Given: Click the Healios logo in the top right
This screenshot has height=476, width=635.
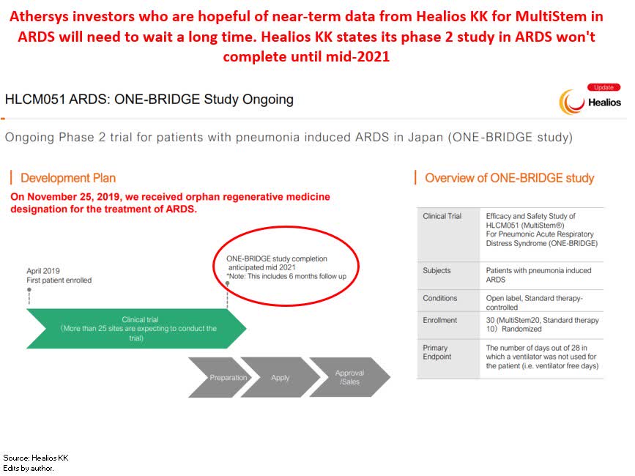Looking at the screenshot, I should [x=590, y=102].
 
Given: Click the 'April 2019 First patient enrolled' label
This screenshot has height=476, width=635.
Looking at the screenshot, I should [x=59, y=275].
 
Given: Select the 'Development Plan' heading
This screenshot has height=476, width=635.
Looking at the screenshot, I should [x=67, y=178].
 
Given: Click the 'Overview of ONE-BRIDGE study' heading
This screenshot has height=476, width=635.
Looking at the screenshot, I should [x=509, y=178].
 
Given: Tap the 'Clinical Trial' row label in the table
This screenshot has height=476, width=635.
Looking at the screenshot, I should [x=442, y=217].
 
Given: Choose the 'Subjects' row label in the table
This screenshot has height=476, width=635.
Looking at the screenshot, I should [x=437, y=271].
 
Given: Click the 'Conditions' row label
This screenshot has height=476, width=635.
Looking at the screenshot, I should [x=439, y=299].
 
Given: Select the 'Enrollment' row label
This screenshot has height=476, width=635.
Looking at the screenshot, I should [x=439, y=321].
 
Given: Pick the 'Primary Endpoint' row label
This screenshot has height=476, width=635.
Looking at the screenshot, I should [x=437, y=352].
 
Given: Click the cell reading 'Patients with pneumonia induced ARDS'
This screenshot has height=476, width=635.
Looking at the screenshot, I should [x=538, y=275].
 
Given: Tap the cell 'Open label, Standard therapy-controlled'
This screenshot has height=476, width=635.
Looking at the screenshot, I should [x=535, y=302].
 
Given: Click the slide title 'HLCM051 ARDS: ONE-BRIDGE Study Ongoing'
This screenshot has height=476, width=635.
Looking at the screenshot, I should [x=149, y=99].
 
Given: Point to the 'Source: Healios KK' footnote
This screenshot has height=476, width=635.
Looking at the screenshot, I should [x=36, y=458].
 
